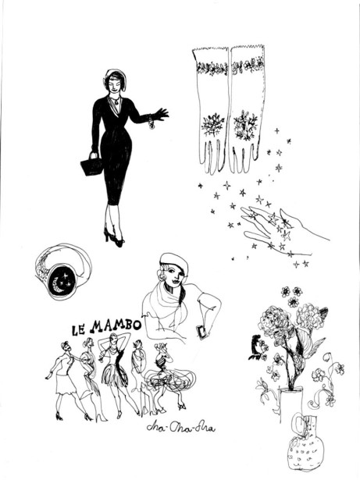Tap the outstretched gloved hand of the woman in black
pyautogui.click(x=160, y=114)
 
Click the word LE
pyautogui.click(x=78, y=329)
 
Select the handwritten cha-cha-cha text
pyautogui.click(x=180, y=427)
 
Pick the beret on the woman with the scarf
pyautogui.click(x=173, y=261)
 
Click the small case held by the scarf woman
pyautogui.click(x=201, y=332)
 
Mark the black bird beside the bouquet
pyautogui.click(x=257, y=347)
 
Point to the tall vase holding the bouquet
pyautogui.click(x=290, y=405)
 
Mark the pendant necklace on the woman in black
pyautogui.click(x=116, y=101)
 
